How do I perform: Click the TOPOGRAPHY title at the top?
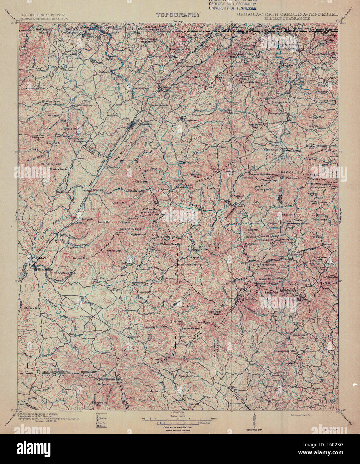[179, 15]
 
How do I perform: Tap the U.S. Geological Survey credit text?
[43, 15]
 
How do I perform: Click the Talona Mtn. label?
[30, 308]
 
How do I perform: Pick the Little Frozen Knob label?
[263, 264]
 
